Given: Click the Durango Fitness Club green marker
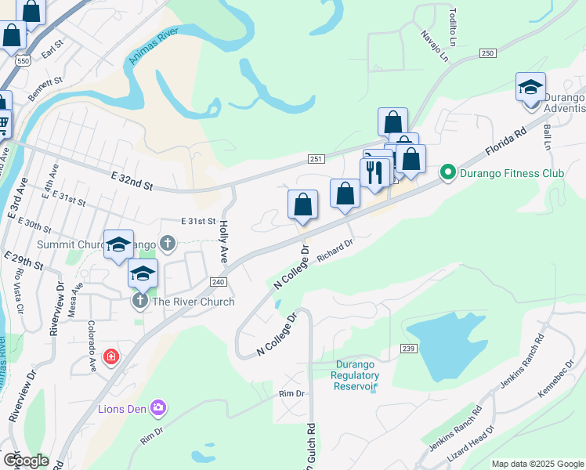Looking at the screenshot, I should coord(448,171).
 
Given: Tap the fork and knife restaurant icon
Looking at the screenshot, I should coord(374,172).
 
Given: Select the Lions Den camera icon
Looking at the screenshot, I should coord(159,407).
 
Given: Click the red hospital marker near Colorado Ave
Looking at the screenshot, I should coord(111,356).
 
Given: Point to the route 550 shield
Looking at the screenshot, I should coord(23,60).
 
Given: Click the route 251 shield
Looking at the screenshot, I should coord(316,159).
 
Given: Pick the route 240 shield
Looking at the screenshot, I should coord(218,280).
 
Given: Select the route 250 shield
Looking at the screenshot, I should coord(488,52).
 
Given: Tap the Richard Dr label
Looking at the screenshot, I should coord(335,253).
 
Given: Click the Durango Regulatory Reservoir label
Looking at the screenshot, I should coord(356,375).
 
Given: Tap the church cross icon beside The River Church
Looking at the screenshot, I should coord(140,302).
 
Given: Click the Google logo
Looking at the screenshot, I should coord(26,461).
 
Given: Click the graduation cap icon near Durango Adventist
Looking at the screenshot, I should coord(530,86).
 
